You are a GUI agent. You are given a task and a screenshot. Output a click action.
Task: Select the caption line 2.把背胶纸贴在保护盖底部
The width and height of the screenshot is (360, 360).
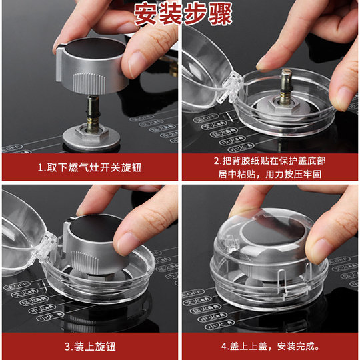270,161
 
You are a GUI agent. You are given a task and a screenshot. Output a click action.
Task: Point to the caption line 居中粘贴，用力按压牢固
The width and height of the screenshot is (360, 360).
270,173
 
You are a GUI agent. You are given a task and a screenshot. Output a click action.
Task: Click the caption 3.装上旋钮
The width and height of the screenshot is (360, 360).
90,346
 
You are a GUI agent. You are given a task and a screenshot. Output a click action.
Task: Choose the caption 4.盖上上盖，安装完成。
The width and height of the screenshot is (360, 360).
270,346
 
